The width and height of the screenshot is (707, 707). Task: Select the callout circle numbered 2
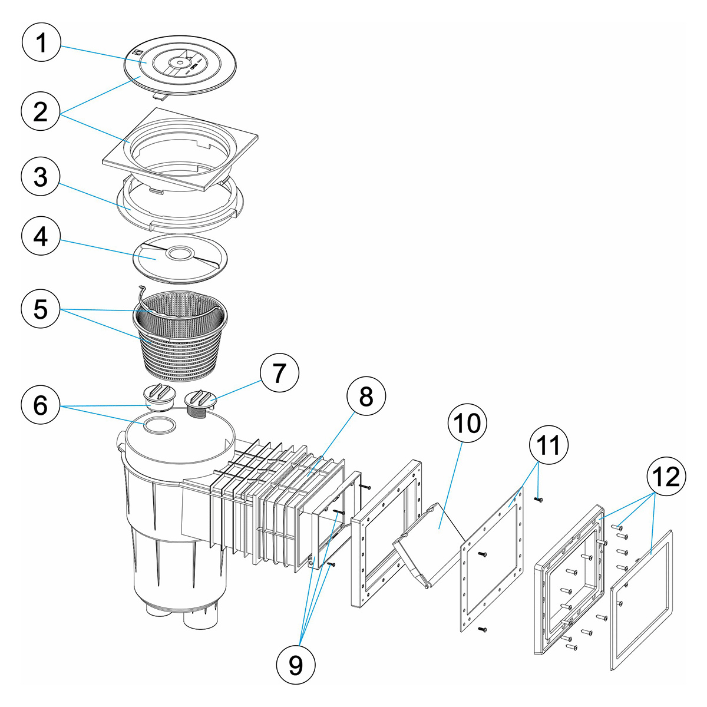click(41, 111)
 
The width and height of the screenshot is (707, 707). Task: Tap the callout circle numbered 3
click(41, 177)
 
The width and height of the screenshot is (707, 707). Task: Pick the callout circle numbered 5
click(41, 309)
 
